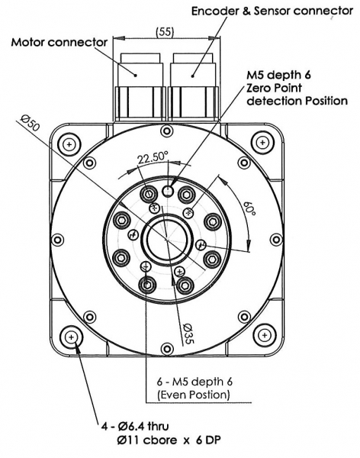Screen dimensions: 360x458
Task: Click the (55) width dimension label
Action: tap(165, 31)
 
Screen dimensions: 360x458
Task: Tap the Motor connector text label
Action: tap(59, 42)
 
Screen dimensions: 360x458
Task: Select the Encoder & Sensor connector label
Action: tap(272, 11)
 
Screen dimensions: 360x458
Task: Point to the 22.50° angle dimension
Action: tap(153, 158)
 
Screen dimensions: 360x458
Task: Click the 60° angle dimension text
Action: tap(249, 208)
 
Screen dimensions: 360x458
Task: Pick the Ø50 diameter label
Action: tap(30, 122)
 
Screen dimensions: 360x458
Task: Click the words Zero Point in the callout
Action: tap(274, 88)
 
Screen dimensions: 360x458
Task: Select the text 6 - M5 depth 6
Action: tap(194, 382)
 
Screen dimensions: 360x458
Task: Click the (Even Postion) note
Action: tap(193, 395)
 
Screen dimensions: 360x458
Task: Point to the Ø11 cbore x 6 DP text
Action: tap(169, 440)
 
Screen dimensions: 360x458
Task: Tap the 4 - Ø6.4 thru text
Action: tap(135, 427)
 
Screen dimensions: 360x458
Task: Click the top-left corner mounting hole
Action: tap(69, 144)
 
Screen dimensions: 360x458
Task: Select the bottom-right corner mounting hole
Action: tap(264, 335)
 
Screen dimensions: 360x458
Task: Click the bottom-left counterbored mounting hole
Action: tap(71, 337)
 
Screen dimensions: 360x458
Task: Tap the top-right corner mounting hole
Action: tap(262, 143)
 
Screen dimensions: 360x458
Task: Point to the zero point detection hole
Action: tap(168, 191)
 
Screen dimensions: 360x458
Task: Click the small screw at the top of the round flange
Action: tap(167, 131)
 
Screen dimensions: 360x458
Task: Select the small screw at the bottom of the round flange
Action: tap(167, 349)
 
